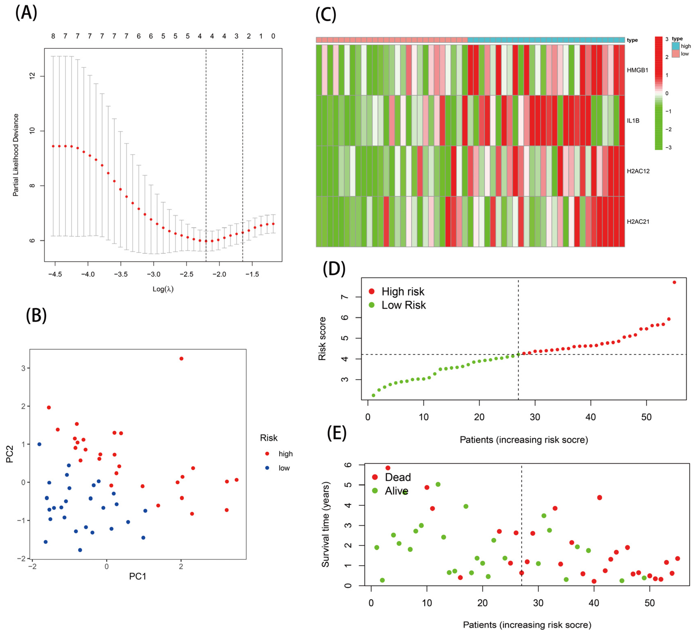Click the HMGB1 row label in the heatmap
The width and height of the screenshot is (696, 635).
click(637, 70)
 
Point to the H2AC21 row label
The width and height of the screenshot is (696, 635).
click(638, 222)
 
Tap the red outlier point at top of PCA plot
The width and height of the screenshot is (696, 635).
click(181, 358)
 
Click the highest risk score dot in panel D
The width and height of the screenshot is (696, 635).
click(674, 282)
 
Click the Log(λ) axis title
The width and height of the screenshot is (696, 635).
click(163, 289)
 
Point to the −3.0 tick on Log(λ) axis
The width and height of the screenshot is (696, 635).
click(154, 274)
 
